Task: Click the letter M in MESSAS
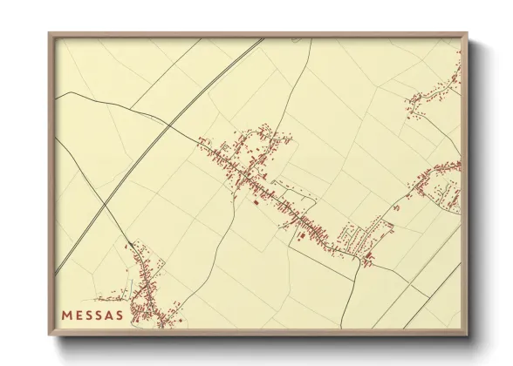pyautogui.click(x=67, y=315)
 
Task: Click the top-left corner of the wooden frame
pyautogui.click(x=49, y=33)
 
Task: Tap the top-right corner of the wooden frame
pyautogui.click(x=468, y=33)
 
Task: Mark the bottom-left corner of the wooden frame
pyautogui.click(x=49, y=335)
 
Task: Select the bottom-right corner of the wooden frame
pyautogui.click(x=468, y=335)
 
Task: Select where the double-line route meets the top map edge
pyautogui.click(x=262, y=39)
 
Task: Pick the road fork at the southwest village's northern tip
pyautogui.click(x=131, y=245)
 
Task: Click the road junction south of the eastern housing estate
pyautogui.click(x=359, y=262)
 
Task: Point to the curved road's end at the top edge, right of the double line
pyautogui.click(x=311, y=39)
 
